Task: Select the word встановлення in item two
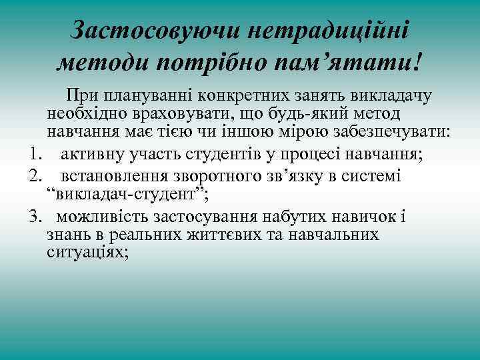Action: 115,176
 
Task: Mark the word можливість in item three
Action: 103,217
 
